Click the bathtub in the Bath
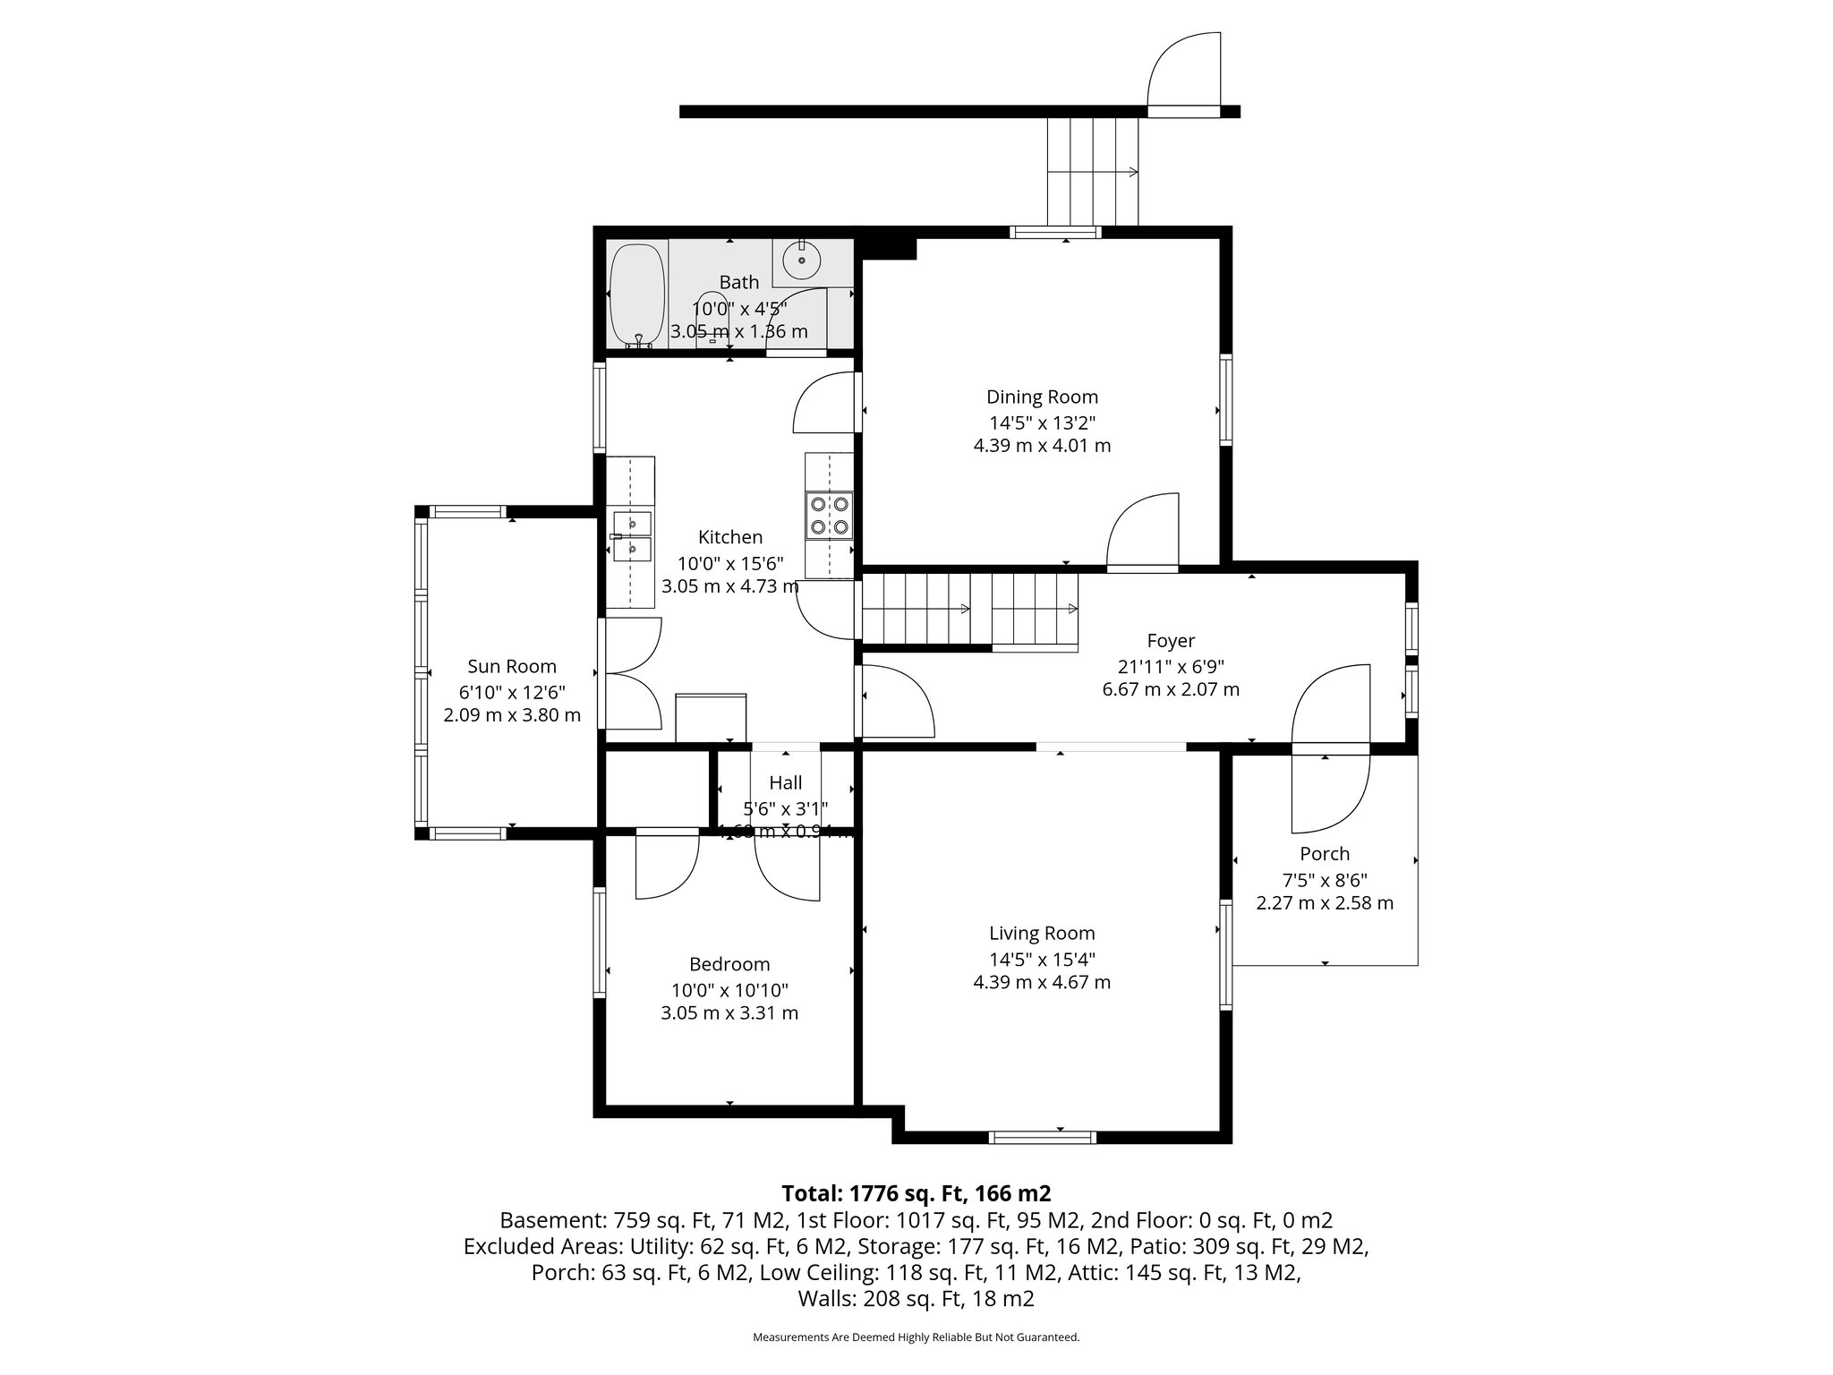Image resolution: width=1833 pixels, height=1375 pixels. [x=636, y=295]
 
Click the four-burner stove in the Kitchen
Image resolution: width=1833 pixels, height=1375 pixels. [x=829, y=516]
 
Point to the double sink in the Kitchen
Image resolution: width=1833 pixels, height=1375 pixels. [x=631, y=535]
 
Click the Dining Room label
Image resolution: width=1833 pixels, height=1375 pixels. [x=1042, y=397]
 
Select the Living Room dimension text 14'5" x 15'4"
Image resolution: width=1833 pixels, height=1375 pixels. [x=1042, y=959]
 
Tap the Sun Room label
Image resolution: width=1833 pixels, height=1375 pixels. [x=512, y=666]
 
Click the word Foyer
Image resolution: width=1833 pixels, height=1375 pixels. [x=1171, y=641]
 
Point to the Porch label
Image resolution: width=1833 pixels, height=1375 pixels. [x=1325, y=854]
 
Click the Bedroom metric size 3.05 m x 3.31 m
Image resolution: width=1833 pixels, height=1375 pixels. [x=729, y=1013]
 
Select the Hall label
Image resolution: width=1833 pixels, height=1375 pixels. [x=785, y=783]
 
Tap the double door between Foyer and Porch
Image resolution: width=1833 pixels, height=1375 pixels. [x=1331, y=748]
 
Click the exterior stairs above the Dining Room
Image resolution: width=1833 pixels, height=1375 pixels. [x=1093, y=172]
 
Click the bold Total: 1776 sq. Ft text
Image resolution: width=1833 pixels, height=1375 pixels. [x=916, y=1193]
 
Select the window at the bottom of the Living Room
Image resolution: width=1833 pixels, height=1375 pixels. [x=1043, y=1138]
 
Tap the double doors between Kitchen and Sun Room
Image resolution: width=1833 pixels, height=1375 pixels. [x=632, y=673]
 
